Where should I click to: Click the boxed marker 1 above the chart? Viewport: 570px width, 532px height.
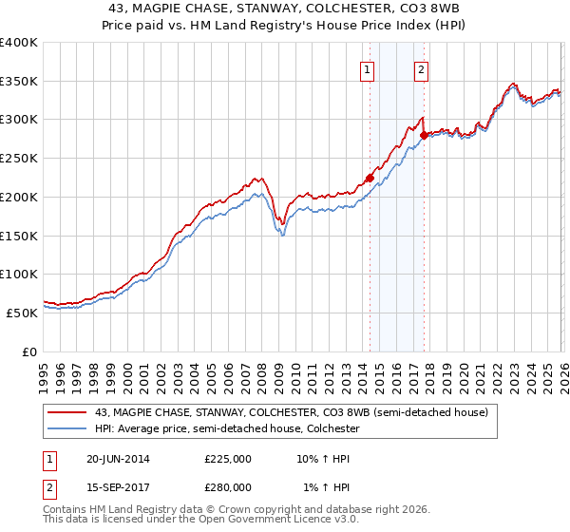pyautogui.click(x=367, y=68)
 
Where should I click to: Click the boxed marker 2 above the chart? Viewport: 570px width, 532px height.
pyautogui.click(x=421, y=68)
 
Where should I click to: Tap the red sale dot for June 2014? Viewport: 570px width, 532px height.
pyautogui.click(x=370, y=178)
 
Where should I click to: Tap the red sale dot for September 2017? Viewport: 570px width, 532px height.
pyautogui.click(x=424, y=135)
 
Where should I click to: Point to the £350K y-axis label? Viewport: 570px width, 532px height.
pyautogui.click(x=19, y=82)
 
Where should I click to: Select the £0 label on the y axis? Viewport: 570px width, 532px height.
pyautogui.click(x=30, y=351)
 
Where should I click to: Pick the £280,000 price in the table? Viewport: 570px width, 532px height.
pyautogui.click(x=228, y=486)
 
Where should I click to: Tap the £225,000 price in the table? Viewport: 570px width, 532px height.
pyautogui.click(x=228, y=459)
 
